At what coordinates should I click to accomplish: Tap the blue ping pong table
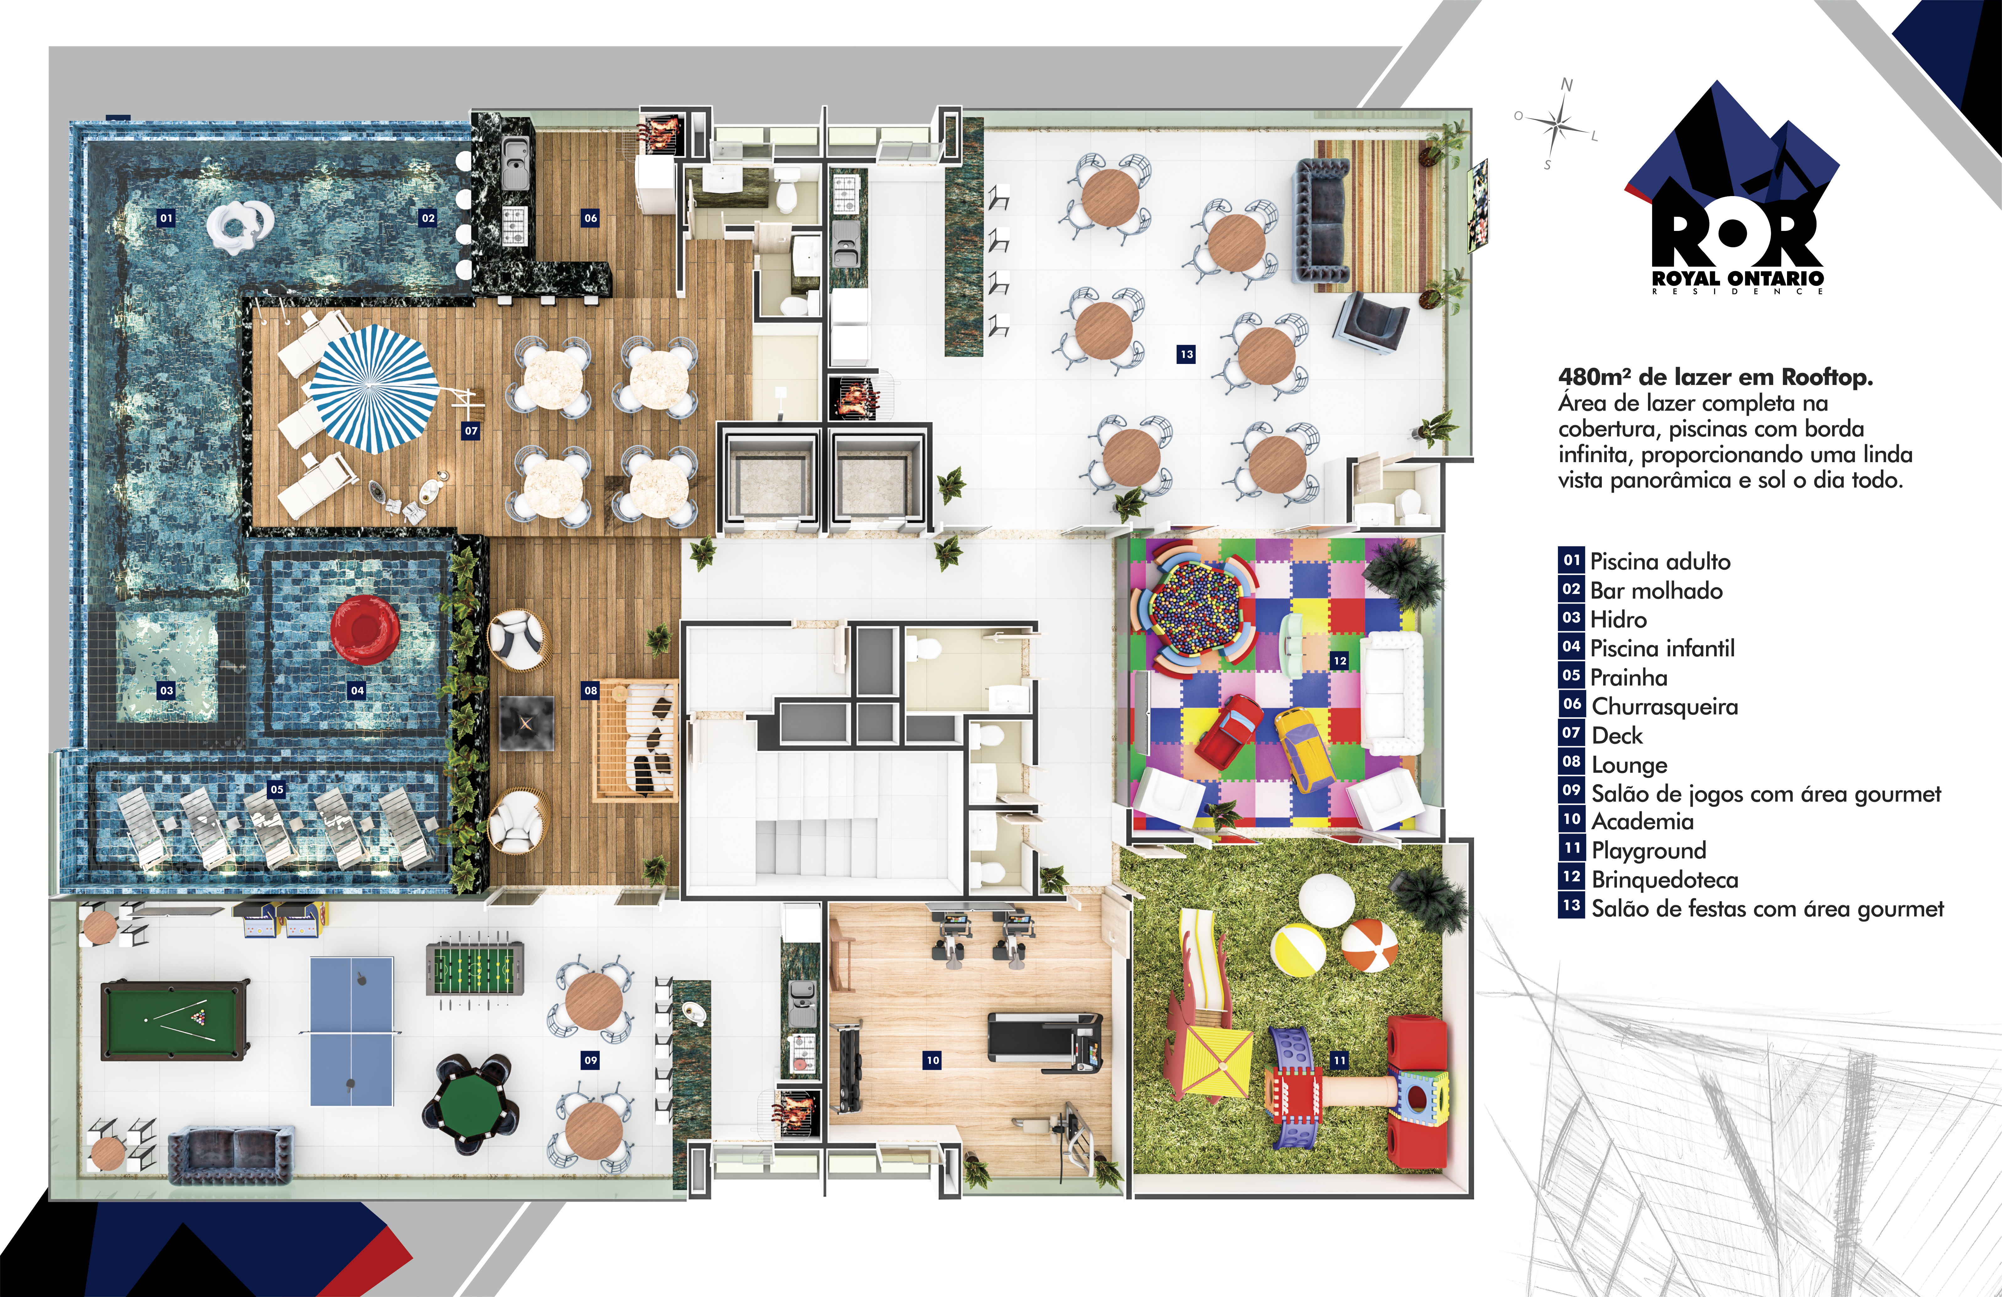352,1031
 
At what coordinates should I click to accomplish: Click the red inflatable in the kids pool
364,629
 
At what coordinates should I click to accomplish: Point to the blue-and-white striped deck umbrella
374,388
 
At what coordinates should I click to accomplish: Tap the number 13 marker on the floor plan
1186,354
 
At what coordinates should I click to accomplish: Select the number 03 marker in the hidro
167,691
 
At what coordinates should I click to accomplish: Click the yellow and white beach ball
1298,950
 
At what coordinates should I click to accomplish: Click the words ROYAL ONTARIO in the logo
1738,278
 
